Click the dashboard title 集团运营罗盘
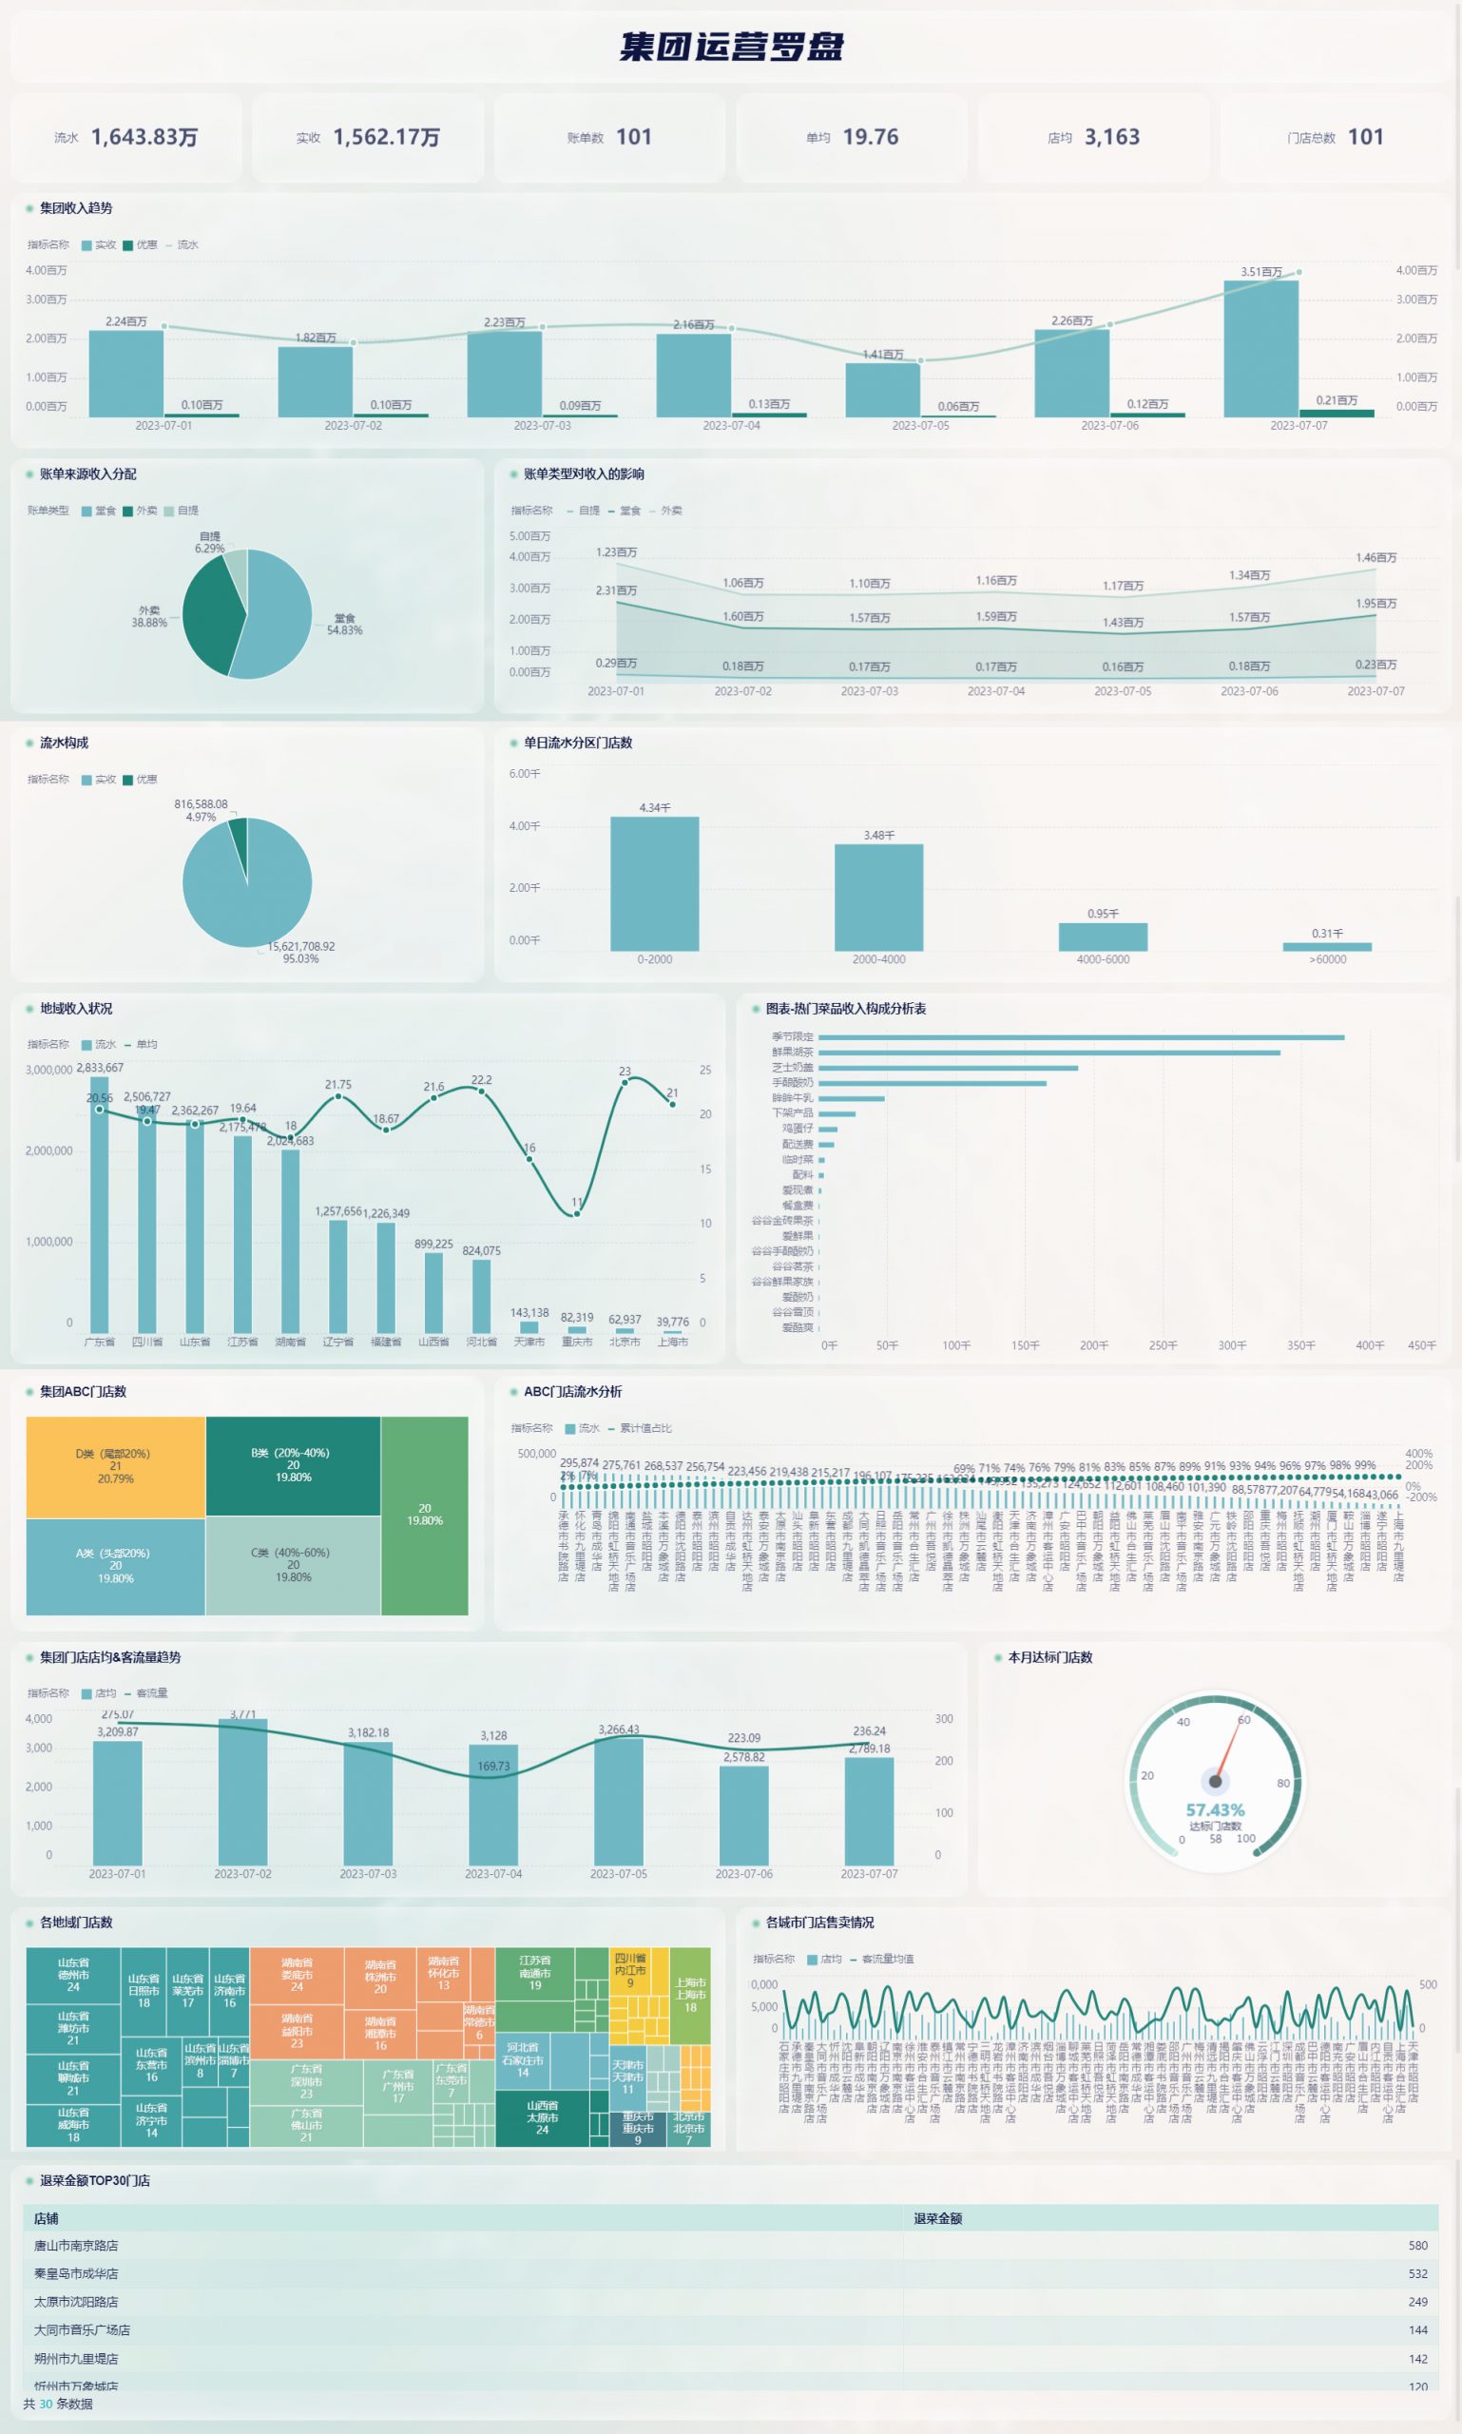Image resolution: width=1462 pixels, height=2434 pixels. coord(731,47)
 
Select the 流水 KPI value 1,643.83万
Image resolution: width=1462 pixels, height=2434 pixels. coord(144,137)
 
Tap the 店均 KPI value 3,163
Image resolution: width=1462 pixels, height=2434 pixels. coord(1111,137)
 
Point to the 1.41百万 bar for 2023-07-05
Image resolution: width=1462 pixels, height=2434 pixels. coord(882,389)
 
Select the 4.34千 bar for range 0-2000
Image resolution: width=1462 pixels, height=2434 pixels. coord(654,883)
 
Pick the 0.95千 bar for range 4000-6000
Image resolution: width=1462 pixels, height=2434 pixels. coord(1103,937)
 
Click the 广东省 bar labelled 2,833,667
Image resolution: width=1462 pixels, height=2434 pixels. coord(100,1202)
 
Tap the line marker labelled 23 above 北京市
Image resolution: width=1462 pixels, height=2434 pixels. coord(625,1083)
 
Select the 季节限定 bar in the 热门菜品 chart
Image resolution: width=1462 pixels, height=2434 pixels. coord(1080,1036)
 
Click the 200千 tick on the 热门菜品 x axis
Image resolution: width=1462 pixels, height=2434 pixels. coord(1093,1345)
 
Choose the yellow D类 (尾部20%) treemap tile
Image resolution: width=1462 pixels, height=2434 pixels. coord(115,1466)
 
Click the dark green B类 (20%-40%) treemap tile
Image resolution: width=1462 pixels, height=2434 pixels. coord(293,1465)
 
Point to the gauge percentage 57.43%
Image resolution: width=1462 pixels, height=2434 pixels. coord(1215,1810)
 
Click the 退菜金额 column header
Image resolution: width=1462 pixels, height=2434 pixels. coord(937,2218)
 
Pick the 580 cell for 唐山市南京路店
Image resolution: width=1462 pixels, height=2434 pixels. coord(1416,2246)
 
